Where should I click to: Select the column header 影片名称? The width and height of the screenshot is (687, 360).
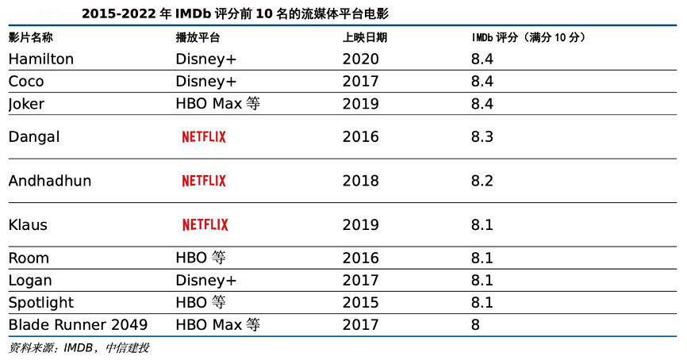[x=31, y=37]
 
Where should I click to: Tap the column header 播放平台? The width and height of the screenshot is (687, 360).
[x=198, y=37]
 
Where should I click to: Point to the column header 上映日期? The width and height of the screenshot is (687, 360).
[x=365, y=37]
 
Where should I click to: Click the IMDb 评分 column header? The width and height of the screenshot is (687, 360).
[x=528, y=37]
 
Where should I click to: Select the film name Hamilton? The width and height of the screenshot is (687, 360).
[x=41, y=59]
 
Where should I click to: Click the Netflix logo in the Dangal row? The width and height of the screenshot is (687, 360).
[x=204, y=136]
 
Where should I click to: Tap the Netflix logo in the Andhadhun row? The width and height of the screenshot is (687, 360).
[x=204, y=181]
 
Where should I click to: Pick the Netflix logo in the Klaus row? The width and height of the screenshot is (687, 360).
[x=205, y=224]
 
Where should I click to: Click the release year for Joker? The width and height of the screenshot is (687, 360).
[x=361, y=103]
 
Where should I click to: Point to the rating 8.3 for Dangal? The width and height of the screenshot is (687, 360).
[x=482, y=136]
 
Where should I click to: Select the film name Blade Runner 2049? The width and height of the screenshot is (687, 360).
[x=78, y=324]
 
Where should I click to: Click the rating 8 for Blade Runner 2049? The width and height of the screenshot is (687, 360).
[x=475, y=324]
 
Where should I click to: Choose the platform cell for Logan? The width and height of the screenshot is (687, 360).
[x=206, y=280]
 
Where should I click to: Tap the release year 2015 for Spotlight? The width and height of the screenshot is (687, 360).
[x=361, y=302]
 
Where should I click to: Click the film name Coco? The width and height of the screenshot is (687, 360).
[x=26, y=81]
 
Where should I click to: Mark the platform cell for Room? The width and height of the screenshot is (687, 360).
[x=201, y=258]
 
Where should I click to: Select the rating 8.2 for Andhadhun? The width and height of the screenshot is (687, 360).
[x=482, y=181]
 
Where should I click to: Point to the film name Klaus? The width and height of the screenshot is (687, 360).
[x=28, y=224]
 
